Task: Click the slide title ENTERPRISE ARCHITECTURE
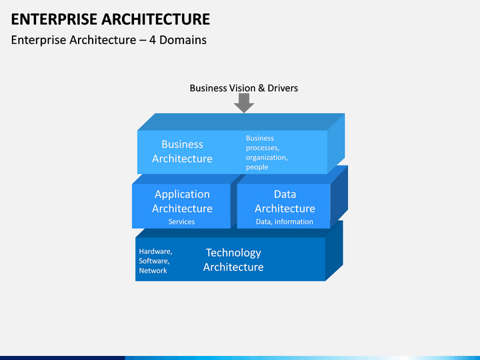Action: [111, 18]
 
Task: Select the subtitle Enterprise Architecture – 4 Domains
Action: [109, 40]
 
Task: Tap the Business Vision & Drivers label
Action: [243, 88]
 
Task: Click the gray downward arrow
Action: [244, 103]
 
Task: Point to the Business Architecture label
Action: [182, 151]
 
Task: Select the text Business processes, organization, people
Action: [267, 153]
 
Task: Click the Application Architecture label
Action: [182, 201]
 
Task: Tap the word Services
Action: [181, 222]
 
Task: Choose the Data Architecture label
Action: [285, 201]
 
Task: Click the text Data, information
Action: [285, 222]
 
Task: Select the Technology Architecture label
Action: [233, 260]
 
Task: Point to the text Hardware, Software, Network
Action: [155, 261]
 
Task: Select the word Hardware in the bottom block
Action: [155, 252]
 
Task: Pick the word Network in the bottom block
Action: [153, 271]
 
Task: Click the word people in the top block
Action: [257, 167]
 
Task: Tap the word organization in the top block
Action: [267, 158]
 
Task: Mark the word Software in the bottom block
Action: [154, 261]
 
